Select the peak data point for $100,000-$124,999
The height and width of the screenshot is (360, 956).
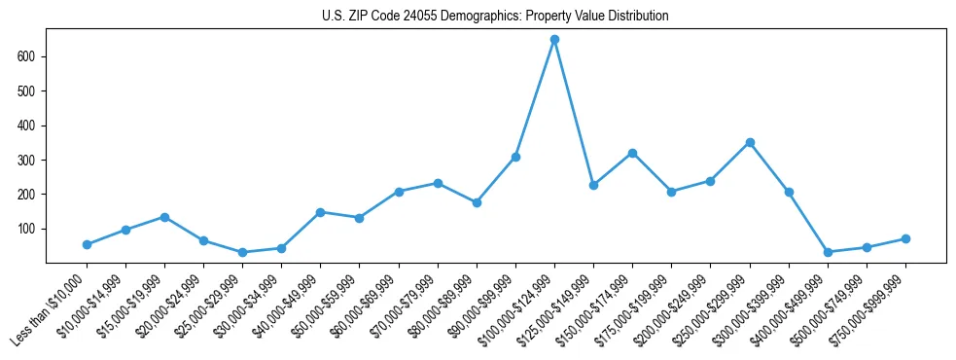point(554,40)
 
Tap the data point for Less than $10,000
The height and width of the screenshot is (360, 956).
point(87,244)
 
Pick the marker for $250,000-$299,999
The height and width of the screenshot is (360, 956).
point(750,142)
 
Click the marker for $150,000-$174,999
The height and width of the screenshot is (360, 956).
point(632,153)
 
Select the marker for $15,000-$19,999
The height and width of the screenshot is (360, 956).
point(164,217)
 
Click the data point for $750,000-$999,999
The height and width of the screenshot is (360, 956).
point(905,238)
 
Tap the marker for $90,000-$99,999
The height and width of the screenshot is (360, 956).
point(515,157)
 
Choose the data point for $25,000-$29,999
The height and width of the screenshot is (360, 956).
point(242,252)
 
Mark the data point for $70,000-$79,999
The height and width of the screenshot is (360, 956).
point(438,183)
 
